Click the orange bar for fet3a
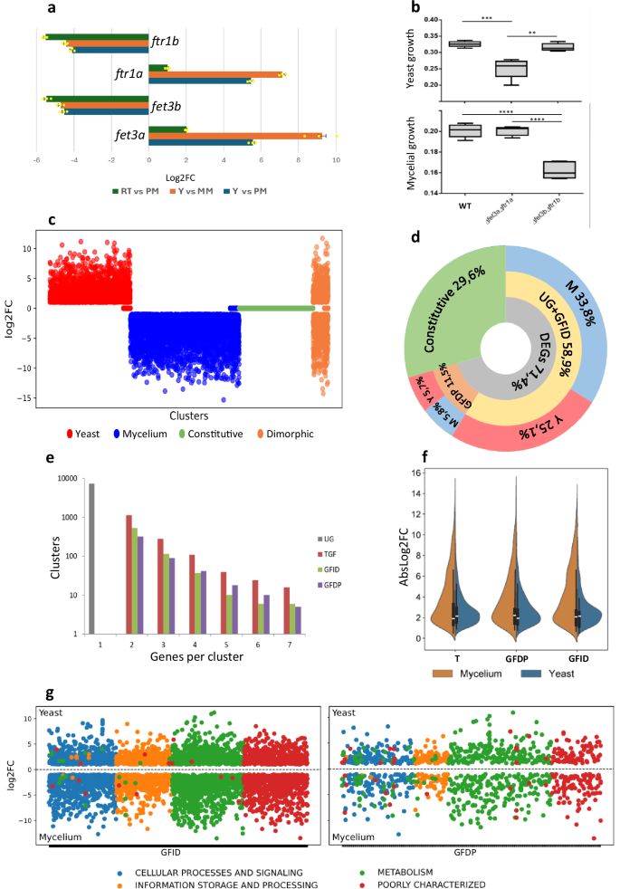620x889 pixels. point(235,136)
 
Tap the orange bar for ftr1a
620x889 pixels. point(216,74)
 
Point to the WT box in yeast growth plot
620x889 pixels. point(464,43)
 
